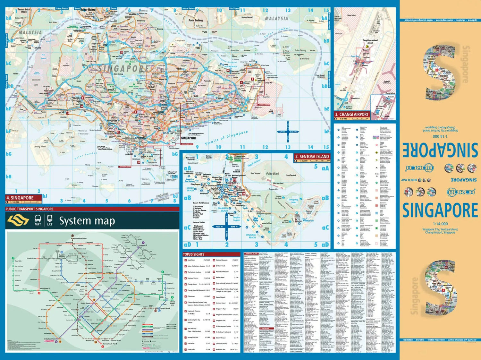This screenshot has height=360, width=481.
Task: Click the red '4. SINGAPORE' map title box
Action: tap(22, 198)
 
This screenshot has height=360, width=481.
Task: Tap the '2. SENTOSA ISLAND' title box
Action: tap(312, 156)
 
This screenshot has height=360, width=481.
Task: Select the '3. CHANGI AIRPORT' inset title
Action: tap(352, 114)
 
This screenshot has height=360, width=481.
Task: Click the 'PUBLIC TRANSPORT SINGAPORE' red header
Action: tap(30, 209)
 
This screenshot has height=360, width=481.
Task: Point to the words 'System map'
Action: tap(87, 221)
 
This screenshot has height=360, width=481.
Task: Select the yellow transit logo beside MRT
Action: tap(18, 220)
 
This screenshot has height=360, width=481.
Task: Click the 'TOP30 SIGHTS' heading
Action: tap(193, 254)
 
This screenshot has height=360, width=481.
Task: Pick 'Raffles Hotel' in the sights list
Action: tap(220, 278)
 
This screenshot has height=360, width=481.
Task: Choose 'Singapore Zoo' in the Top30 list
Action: tap(221, 320)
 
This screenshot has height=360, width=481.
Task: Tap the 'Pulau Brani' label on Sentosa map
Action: tap(272, 173)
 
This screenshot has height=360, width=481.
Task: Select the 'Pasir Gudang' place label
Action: tap(196, 20)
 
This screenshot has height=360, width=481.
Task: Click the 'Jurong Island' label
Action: tap(40, 146)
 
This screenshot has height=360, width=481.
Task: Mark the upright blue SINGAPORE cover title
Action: tap(440, 210)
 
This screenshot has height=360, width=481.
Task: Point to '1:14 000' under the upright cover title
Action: tap(440, 224)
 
